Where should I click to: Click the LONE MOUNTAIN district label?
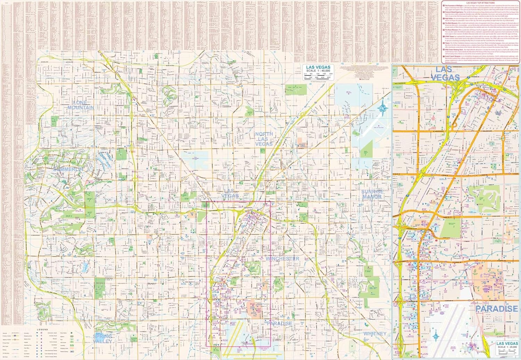coord(81,105)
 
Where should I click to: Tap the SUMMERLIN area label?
coord(68,169)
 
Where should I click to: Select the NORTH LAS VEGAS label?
coord(264,139)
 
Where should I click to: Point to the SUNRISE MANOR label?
coord(372,194)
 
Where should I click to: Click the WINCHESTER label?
coord(282,259)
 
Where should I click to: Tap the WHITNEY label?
coord(375,334)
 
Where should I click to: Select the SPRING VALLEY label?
coord(102,338)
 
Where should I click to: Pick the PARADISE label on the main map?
coord(280,324)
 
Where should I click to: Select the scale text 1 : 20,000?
coord(507,347)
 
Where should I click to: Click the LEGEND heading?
coord(43,329)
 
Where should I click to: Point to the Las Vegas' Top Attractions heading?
coord(480,2)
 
